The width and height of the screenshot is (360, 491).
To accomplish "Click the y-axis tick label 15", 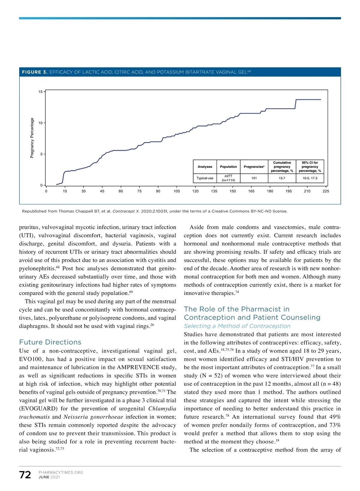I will (40, 92).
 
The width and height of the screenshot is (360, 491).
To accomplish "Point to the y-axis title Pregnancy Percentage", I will (32, 138).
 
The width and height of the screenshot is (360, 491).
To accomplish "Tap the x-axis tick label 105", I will (177, 191).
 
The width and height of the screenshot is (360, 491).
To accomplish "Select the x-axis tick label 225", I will (326, 191).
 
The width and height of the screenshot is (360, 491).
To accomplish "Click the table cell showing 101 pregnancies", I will (254, 178).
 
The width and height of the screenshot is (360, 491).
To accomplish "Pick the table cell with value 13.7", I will (282, 178).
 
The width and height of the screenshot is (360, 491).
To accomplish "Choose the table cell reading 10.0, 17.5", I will (310, 178).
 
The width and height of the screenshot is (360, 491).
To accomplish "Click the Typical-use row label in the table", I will (205, 178).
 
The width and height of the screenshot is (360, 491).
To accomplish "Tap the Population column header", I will (228, 167).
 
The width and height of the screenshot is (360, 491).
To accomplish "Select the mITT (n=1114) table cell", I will (228, 178).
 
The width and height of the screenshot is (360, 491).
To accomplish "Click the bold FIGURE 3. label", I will (34, 72).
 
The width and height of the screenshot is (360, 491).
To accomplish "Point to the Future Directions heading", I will (50, 342).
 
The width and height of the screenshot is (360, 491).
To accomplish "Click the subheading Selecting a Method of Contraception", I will (237, 326).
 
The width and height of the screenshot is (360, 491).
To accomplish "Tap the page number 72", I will (25, 475).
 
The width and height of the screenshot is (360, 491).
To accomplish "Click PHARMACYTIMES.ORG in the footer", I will (61, 472).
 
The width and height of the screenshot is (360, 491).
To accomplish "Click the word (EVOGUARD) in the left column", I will (38, 409).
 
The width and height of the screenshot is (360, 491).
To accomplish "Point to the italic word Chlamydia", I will (162, 409).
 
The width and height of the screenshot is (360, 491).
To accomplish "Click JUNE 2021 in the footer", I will (49, 477).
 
